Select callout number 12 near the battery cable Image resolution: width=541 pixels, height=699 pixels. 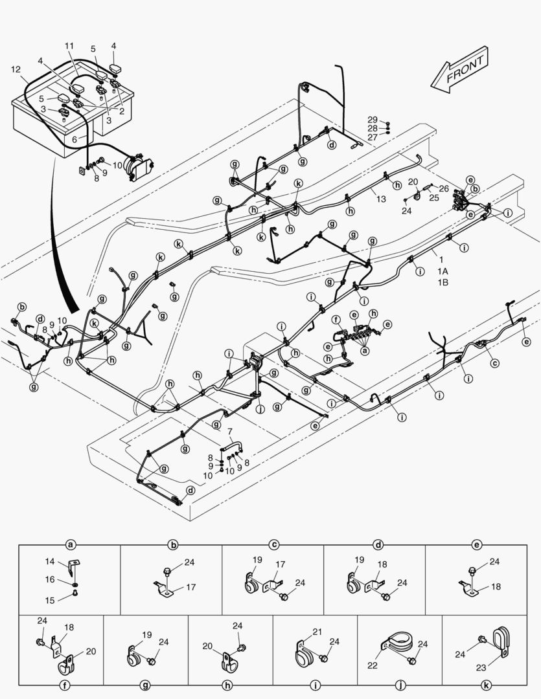click(x=16, y=69)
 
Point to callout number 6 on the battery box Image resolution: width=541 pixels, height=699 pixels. click(x=75, y=139)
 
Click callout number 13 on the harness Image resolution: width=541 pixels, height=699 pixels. click(x=382, y=198)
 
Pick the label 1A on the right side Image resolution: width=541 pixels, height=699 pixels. click(x=443, y=271)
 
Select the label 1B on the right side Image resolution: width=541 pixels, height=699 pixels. click(x=443, y=282)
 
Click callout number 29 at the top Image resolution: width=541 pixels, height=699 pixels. click(x=373, y=120)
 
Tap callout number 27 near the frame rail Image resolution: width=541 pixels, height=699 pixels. click(x=373, y=137)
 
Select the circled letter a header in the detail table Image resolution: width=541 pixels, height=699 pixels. click(x=71, y=545)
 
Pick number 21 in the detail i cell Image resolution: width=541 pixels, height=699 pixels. click(x=317, y=632)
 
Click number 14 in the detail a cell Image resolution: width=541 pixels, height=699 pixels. click(x=51, y=562)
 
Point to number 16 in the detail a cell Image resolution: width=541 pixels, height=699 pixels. click(x=51, y=580)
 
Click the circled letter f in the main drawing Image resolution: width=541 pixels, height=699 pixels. click(x=336, y=320)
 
